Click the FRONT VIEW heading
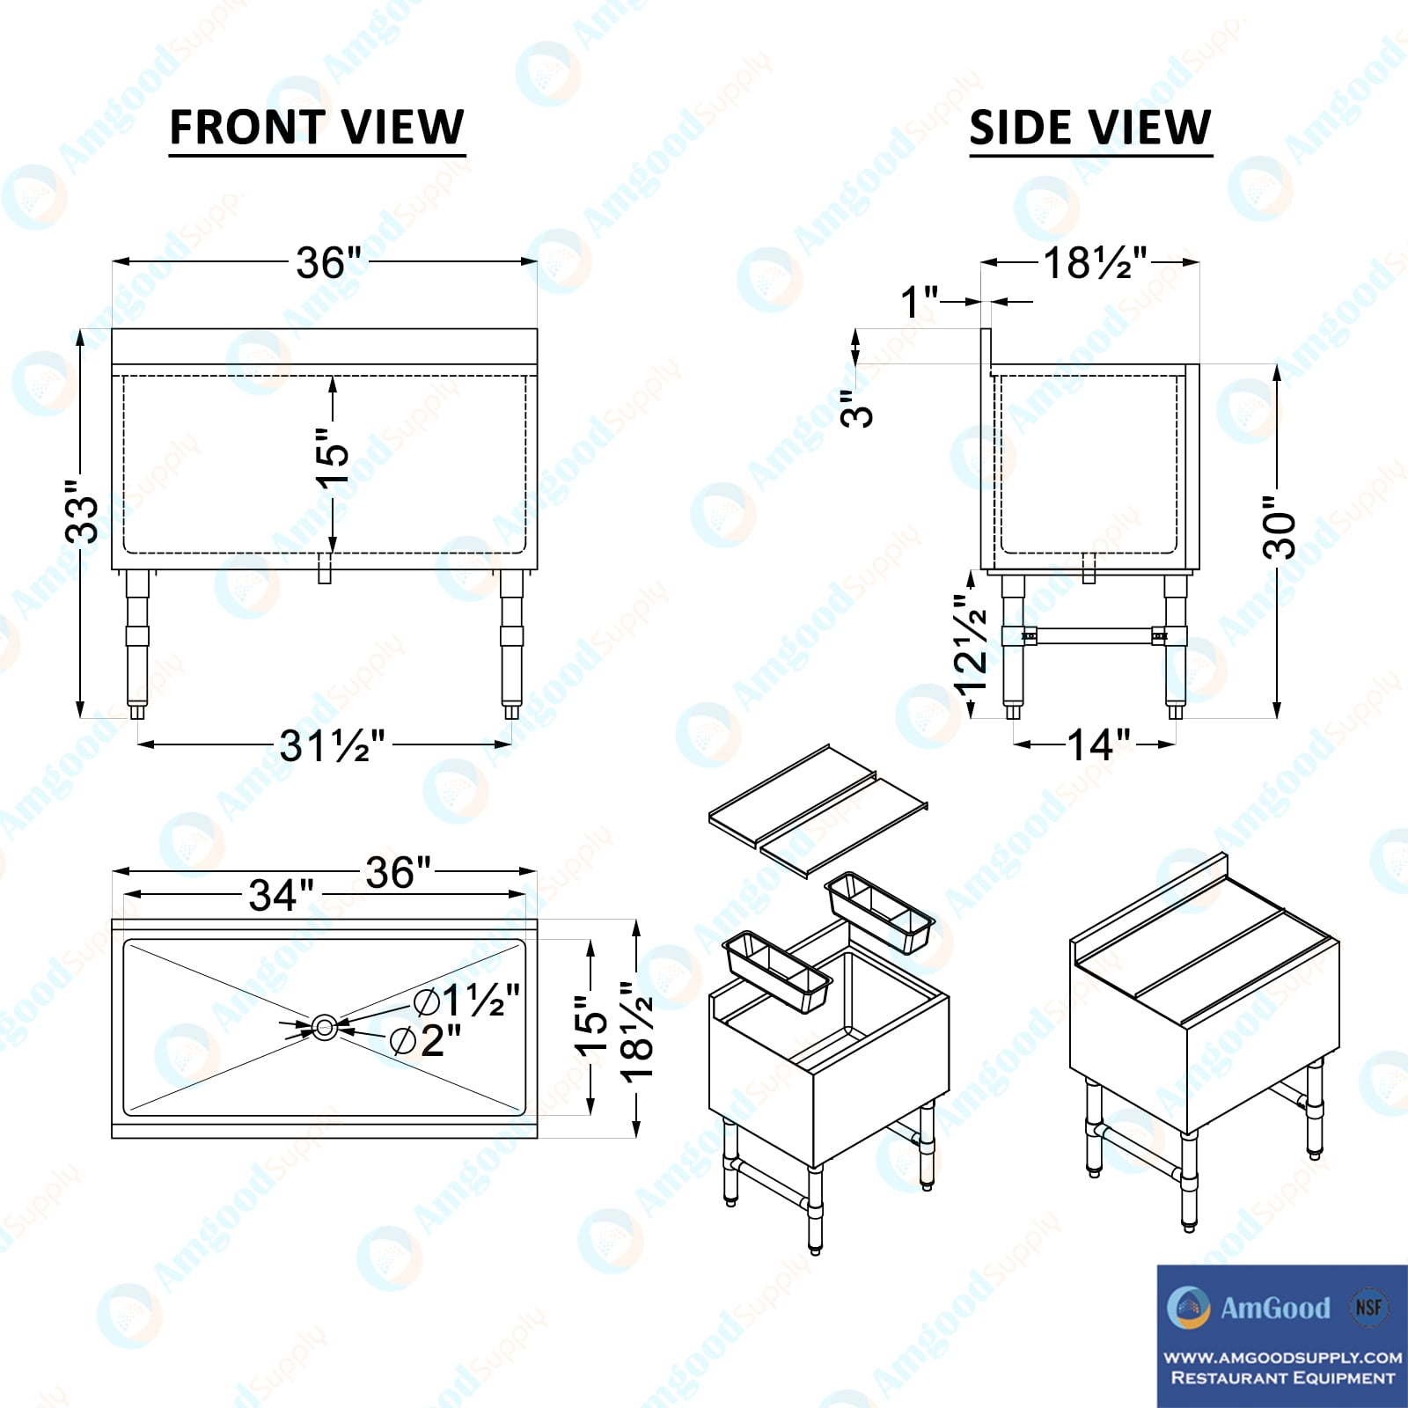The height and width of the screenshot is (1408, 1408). [317, 127]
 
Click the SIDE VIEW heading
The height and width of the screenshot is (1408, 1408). [1090, 127]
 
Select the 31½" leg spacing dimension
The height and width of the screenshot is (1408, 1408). [333, 746]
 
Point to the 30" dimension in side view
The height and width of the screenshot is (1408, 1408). [1280, 528]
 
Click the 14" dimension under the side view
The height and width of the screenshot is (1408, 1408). [1099, 745]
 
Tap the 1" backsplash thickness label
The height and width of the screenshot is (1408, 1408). [920, 303]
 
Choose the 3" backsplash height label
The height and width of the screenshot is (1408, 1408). [856, 409]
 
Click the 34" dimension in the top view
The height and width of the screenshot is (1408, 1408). [281, 896]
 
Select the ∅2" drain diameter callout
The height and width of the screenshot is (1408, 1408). [426, 1041]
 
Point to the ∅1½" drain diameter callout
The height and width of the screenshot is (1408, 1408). [468, 1001]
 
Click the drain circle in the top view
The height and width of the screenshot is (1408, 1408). [325, 1026]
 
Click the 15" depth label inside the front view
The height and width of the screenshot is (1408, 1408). [333, 457]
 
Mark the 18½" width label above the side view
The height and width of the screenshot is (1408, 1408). [1096, 262]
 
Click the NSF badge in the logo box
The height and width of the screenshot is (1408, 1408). [1368, 1307]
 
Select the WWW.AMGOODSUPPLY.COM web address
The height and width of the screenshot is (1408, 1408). [1283, 1358]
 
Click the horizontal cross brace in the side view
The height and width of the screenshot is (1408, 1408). [1095, 634]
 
